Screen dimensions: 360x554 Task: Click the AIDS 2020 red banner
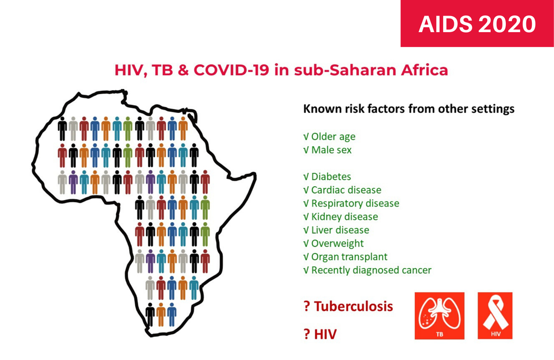pos(477,24)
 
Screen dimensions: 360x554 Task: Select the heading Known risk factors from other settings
pos(409,109)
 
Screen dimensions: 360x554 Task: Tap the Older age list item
pos(333,136)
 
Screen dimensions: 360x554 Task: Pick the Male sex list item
pos(331,150)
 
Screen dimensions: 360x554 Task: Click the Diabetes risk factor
pos(331,177)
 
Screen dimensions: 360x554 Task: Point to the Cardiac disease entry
pos(346,190)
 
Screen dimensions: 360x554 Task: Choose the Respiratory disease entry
pos(355,203)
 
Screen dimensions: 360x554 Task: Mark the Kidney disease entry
pos(344,217)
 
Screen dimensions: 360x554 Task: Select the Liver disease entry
pos(340,230)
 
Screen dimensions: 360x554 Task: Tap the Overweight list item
pos(336,244)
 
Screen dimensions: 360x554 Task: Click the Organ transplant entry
pos(349,257)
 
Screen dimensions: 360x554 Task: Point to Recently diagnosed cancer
pos(371,270)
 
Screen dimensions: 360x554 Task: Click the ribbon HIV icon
pos(495,316)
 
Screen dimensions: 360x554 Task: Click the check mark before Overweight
pos(306,244)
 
